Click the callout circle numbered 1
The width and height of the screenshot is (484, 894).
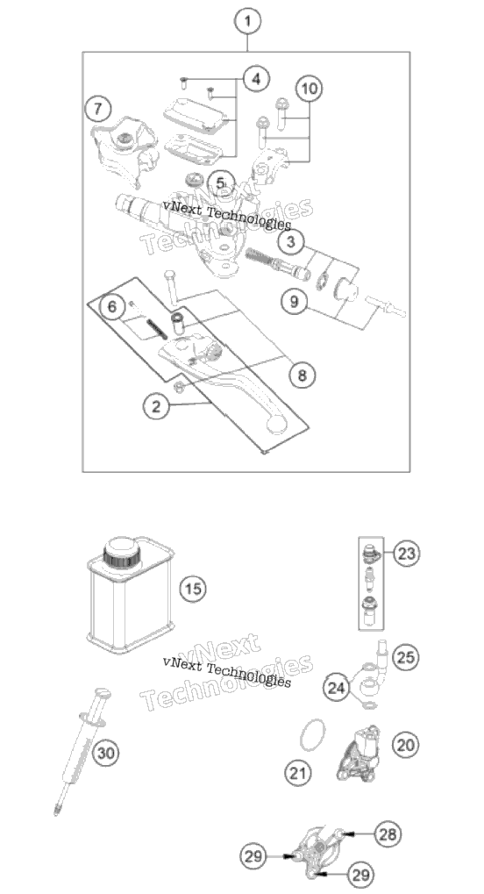pyautogui.click(x=247, y=22)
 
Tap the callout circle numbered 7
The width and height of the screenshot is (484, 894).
pyautogui.click(x=98, y=108)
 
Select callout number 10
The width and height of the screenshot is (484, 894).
pyautogui.click(x=309, y=89)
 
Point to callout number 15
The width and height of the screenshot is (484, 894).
pyautogui.click(x=193, y=588)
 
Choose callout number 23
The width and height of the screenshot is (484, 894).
pyautogui.click(x=406, y=553)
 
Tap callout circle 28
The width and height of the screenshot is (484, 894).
pyautogui.click(x=388, y=834)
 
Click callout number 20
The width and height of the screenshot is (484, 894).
pyautogui.click(x=405, y=744)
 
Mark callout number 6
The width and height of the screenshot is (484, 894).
pyautogui.click(x=111, y=307)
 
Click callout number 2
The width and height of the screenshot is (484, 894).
pyautogui.click(x=156, y=406)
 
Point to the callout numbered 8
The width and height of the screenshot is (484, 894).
pyautogui.click(x=302, y=375)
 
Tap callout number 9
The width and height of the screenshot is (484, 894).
pyautogui.click(x=294, y=300)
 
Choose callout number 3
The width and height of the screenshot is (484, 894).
pyautogui.click(x=291, y=242)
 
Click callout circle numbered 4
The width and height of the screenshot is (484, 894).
pyautogui.click(x=256, y=79)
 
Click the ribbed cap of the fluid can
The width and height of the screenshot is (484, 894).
pyautogui.click(x=121, y=551)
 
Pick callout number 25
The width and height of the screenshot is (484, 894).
pyautogui.click(x=405, y=657)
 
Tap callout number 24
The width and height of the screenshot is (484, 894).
pyautogui.click(x=336, y=688)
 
